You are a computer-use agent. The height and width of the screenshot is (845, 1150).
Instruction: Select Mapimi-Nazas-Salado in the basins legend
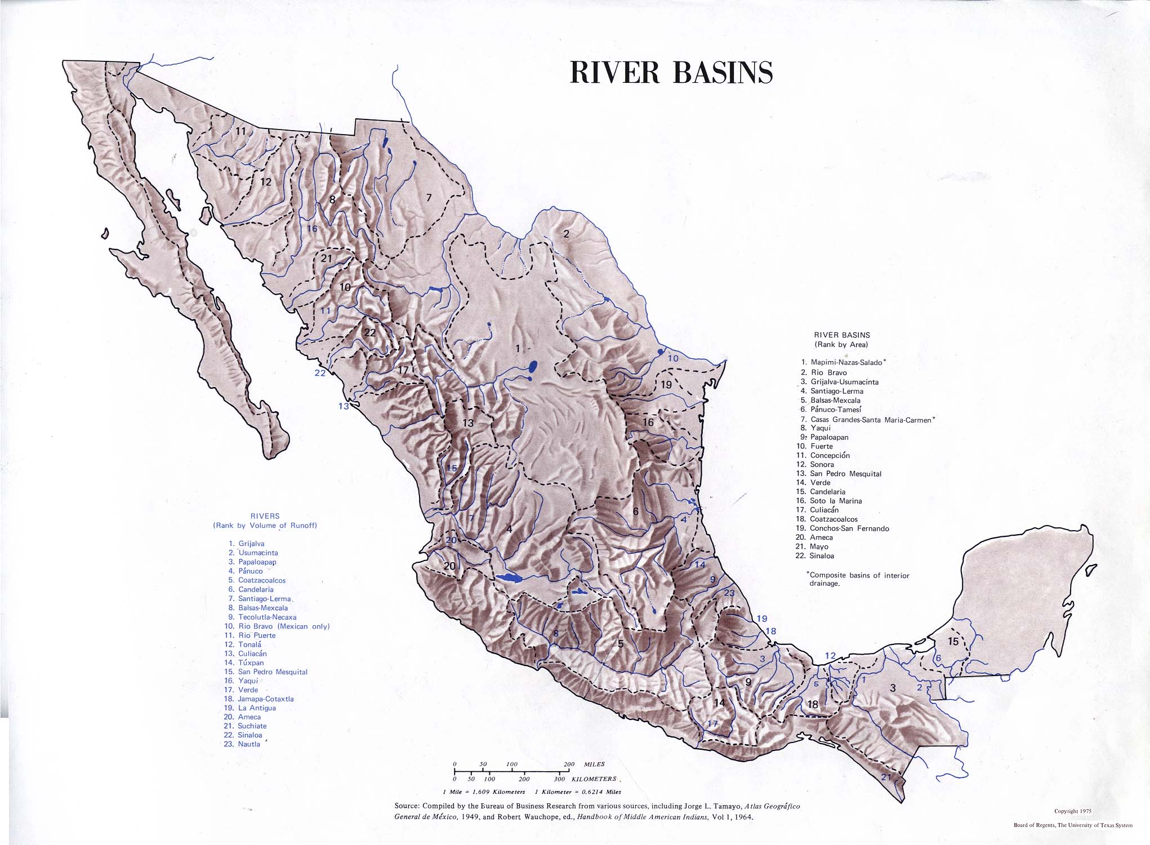pyautogui.click(x=846, y=362)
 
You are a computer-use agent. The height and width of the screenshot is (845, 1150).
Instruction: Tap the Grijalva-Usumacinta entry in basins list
pyautogui.click(x=844, y=382)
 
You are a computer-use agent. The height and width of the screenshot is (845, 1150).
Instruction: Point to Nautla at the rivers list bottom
pyautogui.click(x=249, y=744)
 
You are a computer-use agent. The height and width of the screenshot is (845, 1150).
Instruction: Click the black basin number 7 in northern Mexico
pyautogui.click(x=429, y=198)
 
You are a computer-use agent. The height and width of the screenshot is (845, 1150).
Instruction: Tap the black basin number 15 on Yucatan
pyautogui.click(x=953, y=641)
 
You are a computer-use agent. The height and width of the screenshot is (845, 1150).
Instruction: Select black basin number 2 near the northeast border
pyautogui.click(x=567, y=234)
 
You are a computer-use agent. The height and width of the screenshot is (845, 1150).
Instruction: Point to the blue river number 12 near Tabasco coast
pyautogui.click(x=831, y=655)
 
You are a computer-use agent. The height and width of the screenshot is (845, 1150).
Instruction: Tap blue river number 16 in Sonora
pyautogui.click(x=312, y=229)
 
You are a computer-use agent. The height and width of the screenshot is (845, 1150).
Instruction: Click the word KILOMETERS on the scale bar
pyautogui.click(x=594, y=779)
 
